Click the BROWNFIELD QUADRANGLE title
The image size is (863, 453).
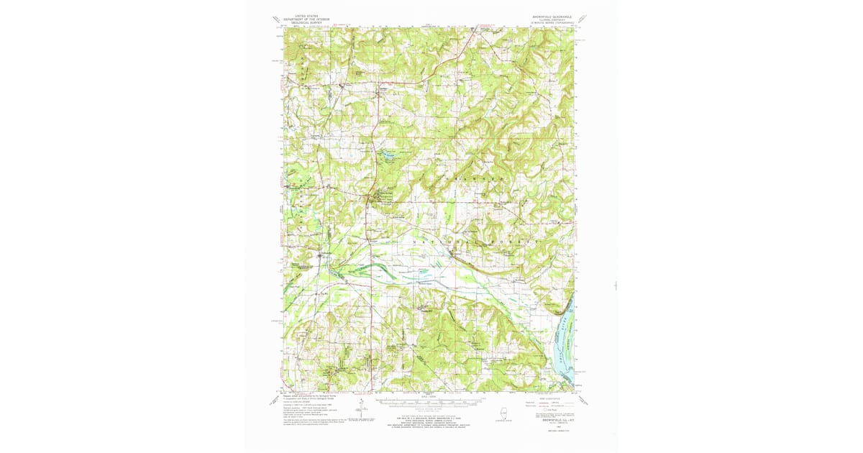(554, 14)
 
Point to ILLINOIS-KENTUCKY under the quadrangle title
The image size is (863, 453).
(554, 18)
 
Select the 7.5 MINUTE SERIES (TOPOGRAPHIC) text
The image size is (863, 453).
(554, 22)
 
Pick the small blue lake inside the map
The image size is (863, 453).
(387, 154)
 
